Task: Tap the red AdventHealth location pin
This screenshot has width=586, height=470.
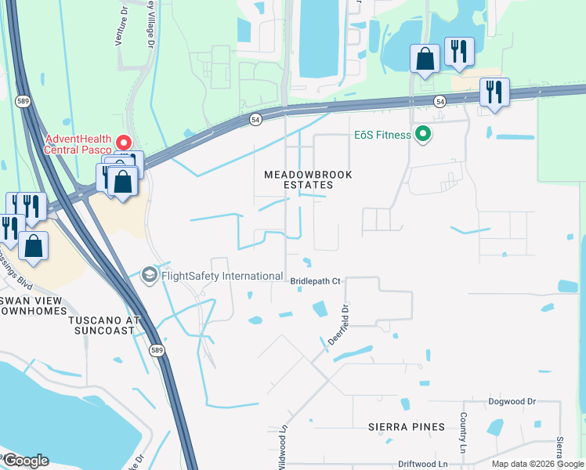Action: (x=123, y=142)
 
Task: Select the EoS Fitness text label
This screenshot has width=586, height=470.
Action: (x=382, y=135)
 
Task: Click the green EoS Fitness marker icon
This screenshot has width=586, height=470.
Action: (x=424, y=135)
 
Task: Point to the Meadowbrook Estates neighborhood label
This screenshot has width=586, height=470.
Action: (x=308, y=179)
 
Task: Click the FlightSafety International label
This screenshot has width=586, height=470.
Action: (x=222, y=276)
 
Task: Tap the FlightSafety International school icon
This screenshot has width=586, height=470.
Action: (x=150, y=275)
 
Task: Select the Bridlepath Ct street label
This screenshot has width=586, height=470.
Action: (x=316, y=280)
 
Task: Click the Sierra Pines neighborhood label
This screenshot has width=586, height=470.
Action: (x=407, y=427)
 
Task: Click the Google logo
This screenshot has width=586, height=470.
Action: (x=26, y=461)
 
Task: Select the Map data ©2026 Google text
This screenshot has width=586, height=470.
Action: (x=537, y=464)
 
